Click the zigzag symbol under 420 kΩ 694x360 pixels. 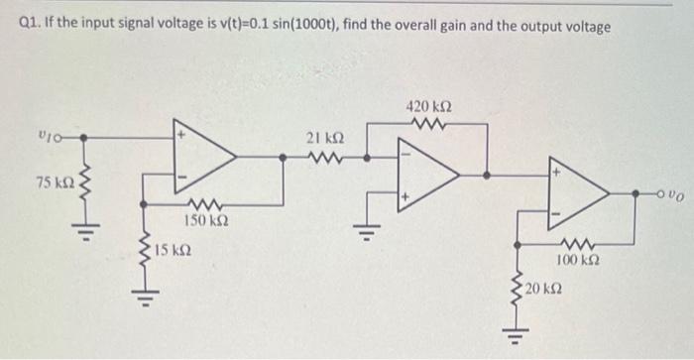428,124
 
